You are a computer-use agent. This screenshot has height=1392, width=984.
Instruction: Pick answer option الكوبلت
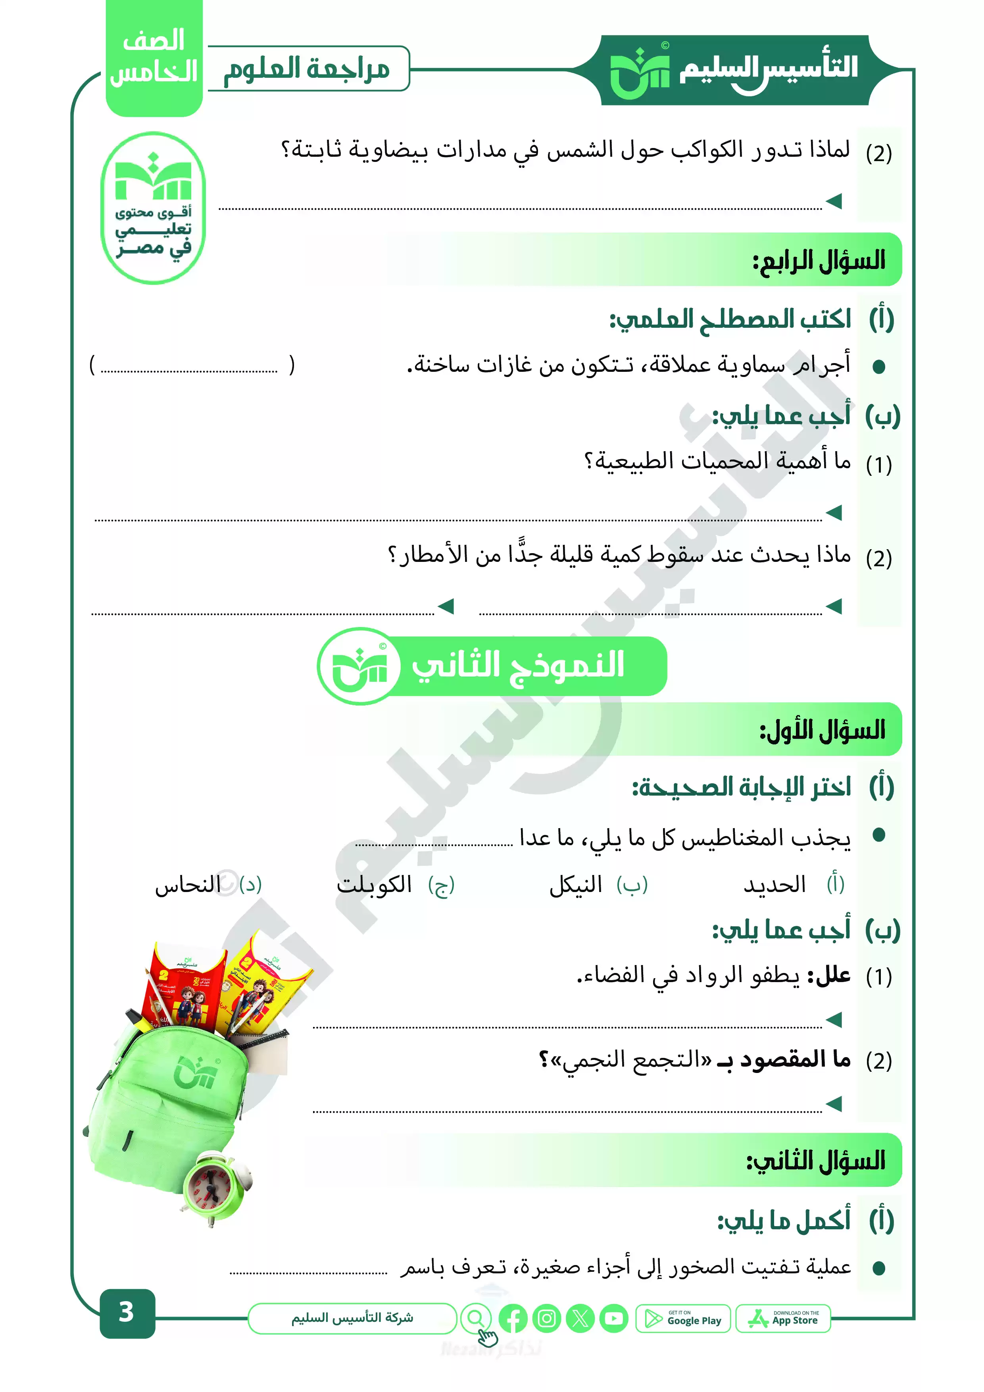[374, 885]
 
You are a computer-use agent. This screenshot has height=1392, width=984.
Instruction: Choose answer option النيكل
[575, 885]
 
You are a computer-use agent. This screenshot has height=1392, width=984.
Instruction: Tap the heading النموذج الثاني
[518, 666]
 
